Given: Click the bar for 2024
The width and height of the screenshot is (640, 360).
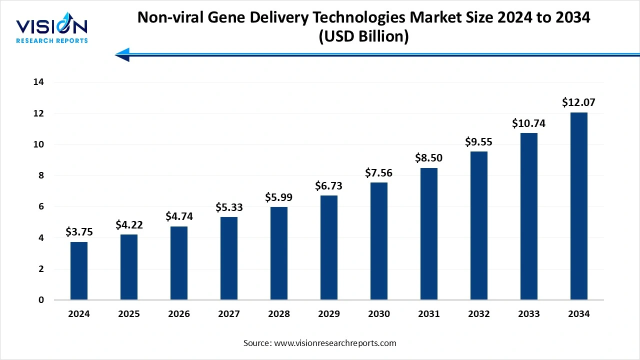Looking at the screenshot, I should [x=79, y=271].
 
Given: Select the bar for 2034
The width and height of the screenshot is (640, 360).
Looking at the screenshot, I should [x=579, y=206].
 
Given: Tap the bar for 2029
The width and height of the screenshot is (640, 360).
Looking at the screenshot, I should [x=329, y=247].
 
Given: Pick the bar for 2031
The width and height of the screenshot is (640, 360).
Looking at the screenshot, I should [x=429, y=234].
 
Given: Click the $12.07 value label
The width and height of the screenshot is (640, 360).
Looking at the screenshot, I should [x=579, y=102].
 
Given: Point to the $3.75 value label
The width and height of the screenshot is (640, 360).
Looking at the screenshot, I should [x=79, y=232].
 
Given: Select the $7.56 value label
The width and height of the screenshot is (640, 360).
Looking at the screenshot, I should [x=379, y=173].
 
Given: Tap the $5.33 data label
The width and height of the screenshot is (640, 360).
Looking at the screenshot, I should [x=229, y=207].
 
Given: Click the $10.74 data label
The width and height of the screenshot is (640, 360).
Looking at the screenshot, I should [x=529, y=123].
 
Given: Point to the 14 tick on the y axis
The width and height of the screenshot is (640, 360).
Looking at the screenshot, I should [x=38, y=82].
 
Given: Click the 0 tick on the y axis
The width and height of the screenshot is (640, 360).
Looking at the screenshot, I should [x=41, y=300].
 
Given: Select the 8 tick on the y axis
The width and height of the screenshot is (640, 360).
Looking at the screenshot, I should [x=41, y=176].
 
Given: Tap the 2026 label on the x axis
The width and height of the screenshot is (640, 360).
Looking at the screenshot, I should [x=179, y=314].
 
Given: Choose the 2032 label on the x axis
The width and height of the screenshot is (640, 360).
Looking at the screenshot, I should [x=479, y=314].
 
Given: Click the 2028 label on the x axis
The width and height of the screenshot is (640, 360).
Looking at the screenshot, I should [x=279, y=314].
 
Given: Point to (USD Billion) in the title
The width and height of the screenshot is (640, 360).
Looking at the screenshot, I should [x=363, y=37].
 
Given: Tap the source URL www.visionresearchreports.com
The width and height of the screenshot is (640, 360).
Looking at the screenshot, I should [x=335, y=343].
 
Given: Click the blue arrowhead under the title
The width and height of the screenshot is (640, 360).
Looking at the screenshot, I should [x=122, y=54].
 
